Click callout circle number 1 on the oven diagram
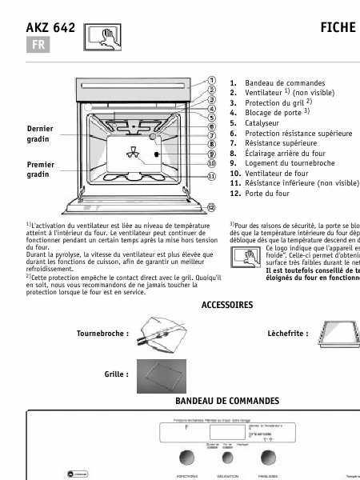(x=211, y=81)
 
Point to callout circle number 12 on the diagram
(x=211, y=207)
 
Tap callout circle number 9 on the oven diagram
(x=211, y=154)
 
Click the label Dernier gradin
(x=40, y=134)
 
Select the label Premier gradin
(x=40, y=169)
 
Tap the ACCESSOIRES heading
(x=226, y=305)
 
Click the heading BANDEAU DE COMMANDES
(x=226, y=400)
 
